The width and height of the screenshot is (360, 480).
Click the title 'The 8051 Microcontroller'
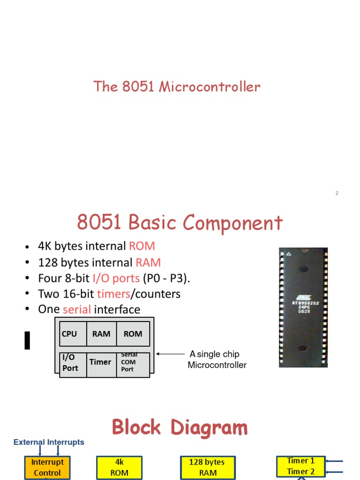pos(177,87)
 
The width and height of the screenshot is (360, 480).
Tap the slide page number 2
pos(337,193)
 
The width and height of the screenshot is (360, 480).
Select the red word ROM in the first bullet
pos(142,246)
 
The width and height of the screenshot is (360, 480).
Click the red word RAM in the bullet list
pos(148,262)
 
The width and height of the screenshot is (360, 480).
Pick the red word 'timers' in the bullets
pos(113,294)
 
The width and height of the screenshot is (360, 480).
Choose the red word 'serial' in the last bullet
pos(77,310)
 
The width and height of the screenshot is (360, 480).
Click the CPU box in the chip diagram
pos(73,334)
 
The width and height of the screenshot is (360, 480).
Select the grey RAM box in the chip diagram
pos(101,334)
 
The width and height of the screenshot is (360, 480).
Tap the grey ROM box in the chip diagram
pos(133,334)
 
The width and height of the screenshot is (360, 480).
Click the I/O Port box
pos(73,363)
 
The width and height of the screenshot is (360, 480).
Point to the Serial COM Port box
pos(133,363)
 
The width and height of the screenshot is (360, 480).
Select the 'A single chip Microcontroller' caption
pos(217,360)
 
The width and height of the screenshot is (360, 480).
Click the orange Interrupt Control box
pos(47,467)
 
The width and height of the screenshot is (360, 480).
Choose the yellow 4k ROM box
pos(119,467)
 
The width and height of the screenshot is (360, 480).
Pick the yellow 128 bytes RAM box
pos(207,467)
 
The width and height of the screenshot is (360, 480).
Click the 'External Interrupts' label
pos(49,442)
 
